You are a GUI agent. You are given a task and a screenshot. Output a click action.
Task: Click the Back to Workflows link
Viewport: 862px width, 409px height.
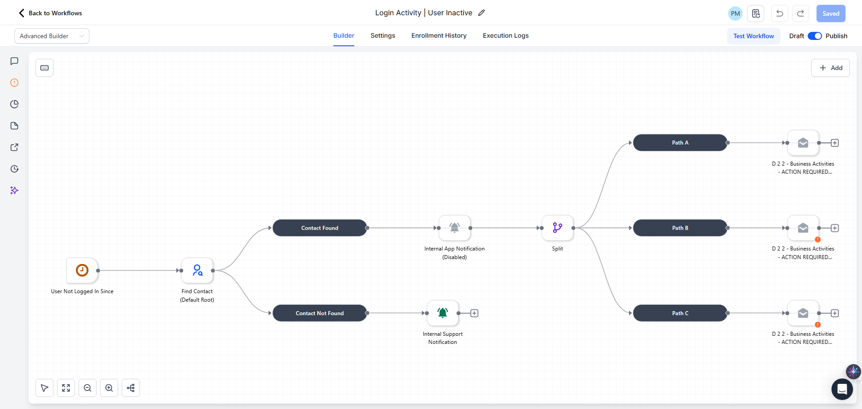pos(50,13)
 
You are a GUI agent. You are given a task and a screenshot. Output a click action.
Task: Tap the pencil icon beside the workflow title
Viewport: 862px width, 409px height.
pos(482,13)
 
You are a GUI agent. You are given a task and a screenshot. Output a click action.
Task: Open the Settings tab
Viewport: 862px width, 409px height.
pos(383,35)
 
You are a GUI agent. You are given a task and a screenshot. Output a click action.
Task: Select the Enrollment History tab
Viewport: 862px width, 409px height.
pos(439,35)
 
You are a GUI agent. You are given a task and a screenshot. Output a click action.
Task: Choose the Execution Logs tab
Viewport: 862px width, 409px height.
pos(506,35)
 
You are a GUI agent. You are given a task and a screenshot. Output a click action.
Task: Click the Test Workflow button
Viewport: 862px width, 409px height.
pos(753,36)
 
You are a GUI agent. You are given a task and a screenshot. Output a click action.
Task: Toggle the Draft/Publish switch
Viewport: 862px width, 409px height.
pos(814,36)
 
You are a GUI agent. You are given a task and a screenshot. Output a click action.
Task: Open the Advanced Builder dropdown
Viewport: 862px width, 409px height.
pos(52,36)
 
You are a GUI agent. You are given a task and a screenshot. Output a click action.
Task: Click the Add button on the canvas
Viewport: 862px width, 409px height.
pos(830,68)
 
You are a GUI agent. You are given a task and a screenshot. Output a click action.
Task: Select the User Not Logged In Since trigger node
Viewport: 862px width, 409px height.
pos(82,270)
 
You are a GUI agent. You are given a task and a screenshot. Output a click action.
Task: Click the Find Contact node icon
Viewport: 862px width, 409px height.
pos(197,270)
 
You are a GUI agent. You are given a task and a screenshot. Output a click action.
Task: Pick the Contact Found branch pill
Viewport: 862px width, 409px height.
pos(320,228)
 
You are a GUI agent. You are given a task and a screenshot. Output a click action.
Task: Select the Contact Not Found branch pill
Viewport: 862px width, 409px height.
pos(320,313)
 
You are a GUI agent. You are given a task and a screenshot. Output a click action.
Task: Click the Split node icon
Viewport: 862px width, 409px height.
pos(558,228)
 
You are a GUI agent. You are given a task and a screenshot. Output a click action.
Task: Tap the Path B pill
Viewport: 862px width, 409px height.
pos(680,228)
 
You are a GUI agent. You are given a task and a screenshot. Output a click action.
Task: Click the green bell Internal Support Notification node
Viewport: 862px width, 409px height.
pos(443,313)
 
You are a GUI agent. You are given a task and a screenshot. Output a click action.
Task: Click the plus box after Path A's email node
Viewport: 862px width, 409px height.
pos(835,143)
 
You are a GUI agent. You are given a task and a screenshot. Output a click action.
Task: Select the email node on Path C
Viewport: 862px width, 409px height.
pos(803,313)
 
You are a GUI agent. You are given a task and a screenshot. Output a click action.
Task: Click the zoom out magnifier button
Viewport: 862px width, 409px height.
pos(88,388)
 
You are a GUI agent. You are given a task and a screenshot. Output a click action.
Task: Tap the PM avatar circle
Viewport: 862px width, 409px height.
pos(735,13)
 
